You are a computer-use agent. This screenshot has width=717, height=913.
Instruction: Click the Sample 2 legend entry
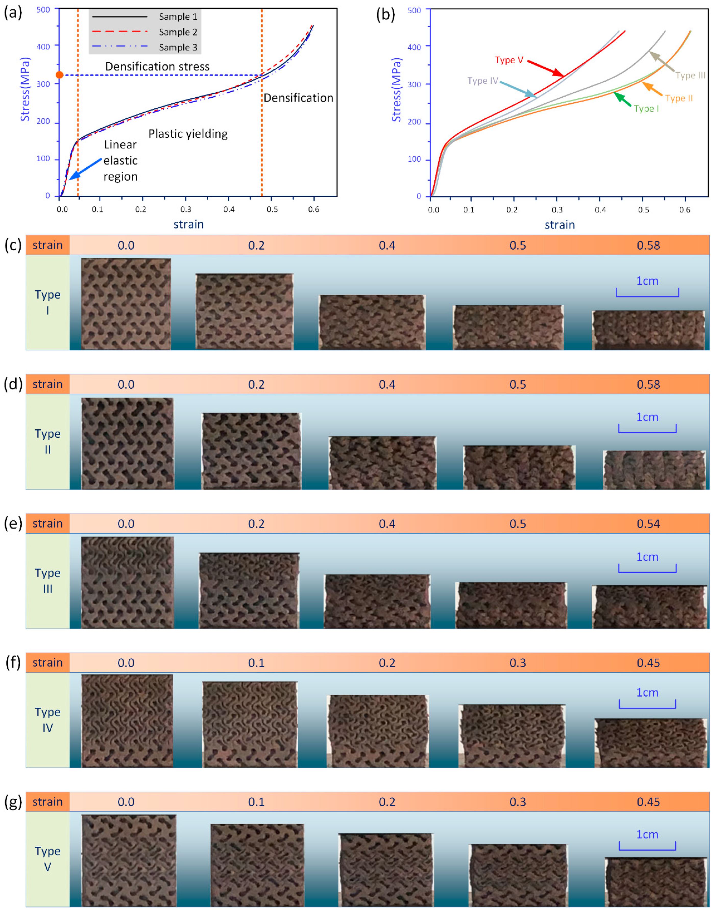[178, 32]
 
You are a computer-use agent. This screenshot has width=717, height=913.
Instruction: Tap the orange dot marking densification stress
[60, 75]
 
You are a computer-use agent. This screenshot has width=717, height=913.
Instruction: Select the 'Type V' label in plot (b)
[508, 60]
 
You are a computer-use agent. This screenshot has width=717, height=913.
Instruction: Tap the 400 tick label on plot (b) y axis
[414, 47]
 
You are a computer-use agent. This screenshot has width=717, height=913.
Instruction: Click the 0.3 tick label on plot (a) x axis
[186, 209]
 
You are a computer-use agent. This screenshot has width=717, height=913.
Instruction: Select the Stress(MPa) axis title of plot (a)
[25, 89]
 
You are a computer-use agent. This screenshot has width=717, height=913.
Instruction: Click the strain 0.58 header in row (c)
[648, 245]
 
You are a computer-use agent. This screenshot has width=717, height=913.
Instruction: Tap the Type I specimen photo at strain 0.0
[126, 304]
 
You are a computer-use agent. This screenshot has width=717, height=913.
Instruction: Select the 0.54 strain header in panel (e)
[648, 524]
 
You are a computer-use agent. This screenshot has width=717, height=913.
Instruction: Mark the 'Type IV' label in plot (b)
[482, 81]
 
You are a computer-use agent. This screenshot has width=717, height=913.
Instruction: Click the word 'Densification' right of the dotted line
[298, 98]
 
